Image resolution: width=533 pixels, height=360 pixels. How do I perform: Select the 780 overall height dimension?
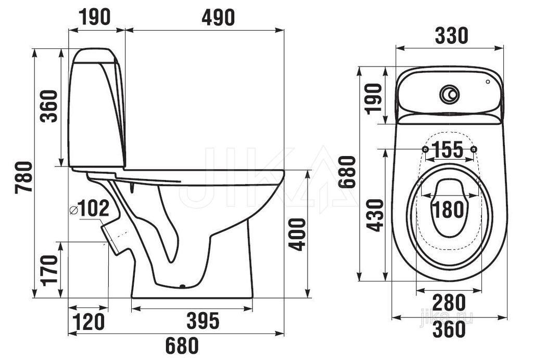pos(24,177)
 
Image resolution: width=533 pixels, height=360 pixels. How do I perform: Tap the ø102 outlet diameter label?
pos(90,208)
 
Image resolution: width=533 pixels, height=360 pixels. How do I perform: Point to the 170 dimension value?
pos(48,271)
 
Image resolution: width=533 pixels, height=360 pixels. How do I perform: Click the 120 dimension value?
pos(88,322)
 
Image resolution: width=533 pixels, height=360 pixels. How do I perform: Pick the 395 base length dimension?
pos(203,320)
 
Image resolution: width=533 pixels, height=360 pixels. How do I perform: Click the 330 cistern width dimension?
pos(451,36)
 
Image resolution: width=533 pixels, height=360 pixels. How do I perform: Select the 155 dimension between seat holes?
pos(449,149)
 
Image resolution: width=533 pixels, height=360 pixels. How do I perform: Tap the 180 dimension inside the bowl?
pos(449,209)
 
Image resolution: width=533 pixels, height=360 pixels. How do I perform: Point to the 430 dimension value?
pos(376,215)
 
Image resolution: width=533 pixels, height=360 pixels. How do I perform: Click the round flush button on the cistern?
pos(449,94)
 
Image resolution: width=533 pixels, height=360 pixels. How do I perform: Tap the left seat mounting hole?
pos(425,149)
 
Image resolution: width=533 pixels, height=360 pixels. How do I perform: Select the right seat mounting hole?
pos(474,149)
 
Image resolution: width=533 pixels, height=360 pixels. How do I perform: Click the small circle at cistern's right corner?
pos(488,82)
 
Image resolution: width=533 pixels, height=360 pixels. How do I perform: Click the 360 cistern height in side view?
pos(48,106)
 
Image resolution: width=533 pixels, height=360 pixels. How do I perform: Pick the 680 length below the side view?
pos(182,346)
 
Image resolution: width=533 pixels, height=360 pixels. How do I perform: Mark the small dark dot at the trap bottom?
pos(183,286)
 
